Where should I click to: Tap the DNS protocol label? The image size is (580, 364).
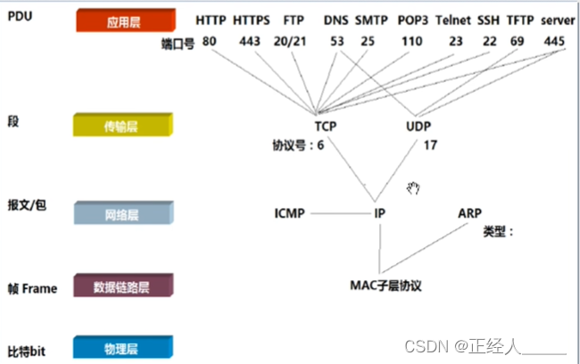[x=336, y=21]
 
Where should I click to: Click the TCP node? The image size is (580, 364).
[x=325, y=127]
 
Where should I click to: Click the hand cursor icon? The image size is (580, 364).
[x=413, y=186]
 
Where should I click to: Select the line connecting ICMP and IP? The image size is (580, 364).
[x=337, y=213]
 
